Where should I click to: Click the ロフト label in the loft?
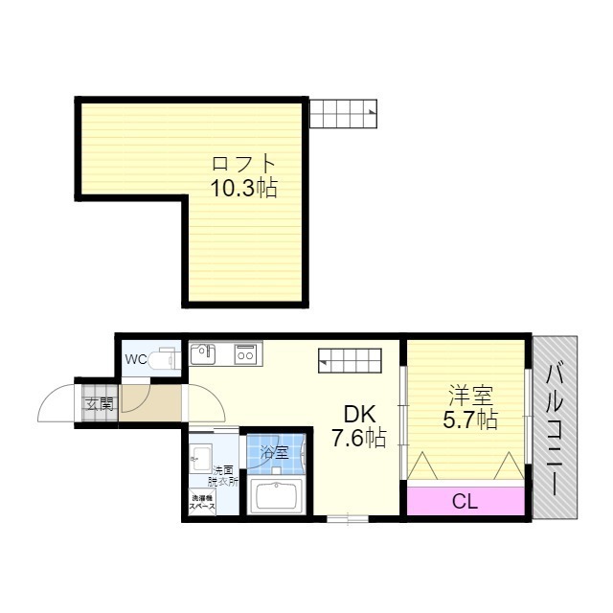tap(244, 164)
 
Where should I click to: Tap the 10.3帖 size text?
tap(244, 188)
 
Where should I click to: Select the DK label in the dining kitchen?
tap(359, 415)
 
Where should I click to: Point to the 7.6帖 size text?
tap(359, 438)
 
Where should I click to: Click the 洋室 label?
tap(470, 396)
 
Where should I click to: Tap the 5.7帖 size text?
tap(470, 420)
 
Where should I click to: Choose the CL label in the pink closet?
tap(465, 502)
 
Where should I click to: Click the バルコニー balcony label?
tap(555, 429)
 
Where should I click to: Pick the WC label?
tap(136, 359)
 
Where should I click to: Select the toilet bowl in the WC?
tap(164, 358)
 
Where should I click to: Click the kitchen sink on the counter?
tap(202, 353)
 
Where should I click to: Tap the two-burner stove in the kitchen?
tap(246, 354)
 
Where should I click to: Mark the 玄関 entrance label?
tap(100, 404)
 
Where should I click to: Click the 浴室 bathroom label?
tap(275, 453)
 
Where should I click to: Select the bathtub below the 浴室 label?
tap(277, 496)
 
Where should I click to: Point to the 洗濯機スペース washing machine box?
tap(202, 502)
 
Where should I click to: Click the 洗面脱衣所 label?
tap(223, 476)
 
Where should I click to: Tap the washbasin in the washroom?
tap(200, 458)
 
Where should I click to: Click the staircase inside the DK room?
tap(350, 360)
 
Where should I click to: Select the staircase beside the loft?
tap(344, 113)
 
